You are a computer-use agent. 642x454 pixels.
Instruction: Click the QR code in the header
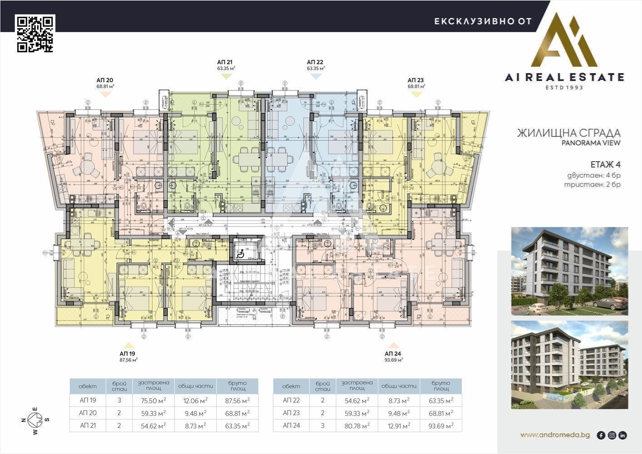(x=35, y=34)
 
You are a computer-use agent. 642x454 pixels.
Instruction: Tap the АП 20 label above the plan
(x=105, y=80)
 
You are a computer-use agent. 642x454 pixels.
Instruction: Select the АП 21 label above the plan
(x=226, y=62)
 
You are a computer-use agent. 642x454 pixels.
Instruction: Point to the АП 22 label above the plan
(x=315, y=62)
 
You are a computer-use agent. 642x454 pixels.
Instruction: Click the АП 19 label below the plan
(x=128, y=354)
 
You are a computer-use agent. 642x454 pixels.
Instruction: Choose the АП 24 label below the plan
(x=393, y=354)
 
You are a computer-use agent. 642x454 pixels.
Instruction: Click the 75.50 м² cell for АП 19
(x=152, y=400)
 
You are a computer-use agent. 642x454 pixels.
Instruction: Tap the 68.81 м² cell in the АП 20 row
(x=237, y=413)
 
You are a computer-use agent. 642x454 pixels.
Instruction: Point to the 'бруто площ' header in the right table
(x=441, y=386)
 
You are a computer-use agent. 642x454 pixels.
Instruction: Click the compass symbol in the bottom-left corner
(x=35, y=420)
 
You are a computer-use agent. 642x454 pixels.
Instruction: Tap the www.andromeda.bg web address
(x=555, y=435)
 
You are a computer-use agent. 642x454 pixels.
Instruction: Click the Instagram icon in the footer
(x=612, y=435)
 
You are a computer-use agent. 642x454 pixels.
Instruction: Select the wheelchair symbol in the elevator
(x=243, y=253)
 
